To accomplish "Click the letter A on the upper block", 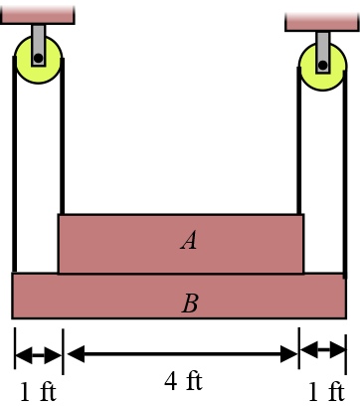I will pyautogui.click(x=188, y=239).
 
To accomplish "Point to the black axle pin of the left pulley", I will pyautogui.click(x=38, y=58).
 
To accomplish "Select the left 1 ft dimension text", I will pyautogui.click(x=38, y=391).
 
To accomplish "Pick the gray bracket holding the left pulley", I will pyautogui.click(x=38, y=42).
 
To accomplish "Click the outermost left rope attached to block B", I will pyautogui.click(x=14, y=169).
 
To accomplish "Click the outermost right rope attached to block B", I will pyautogui.click(x=347, y=179).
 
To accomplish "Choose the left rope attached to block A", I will pyautogui.click(x=62, y=149).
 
